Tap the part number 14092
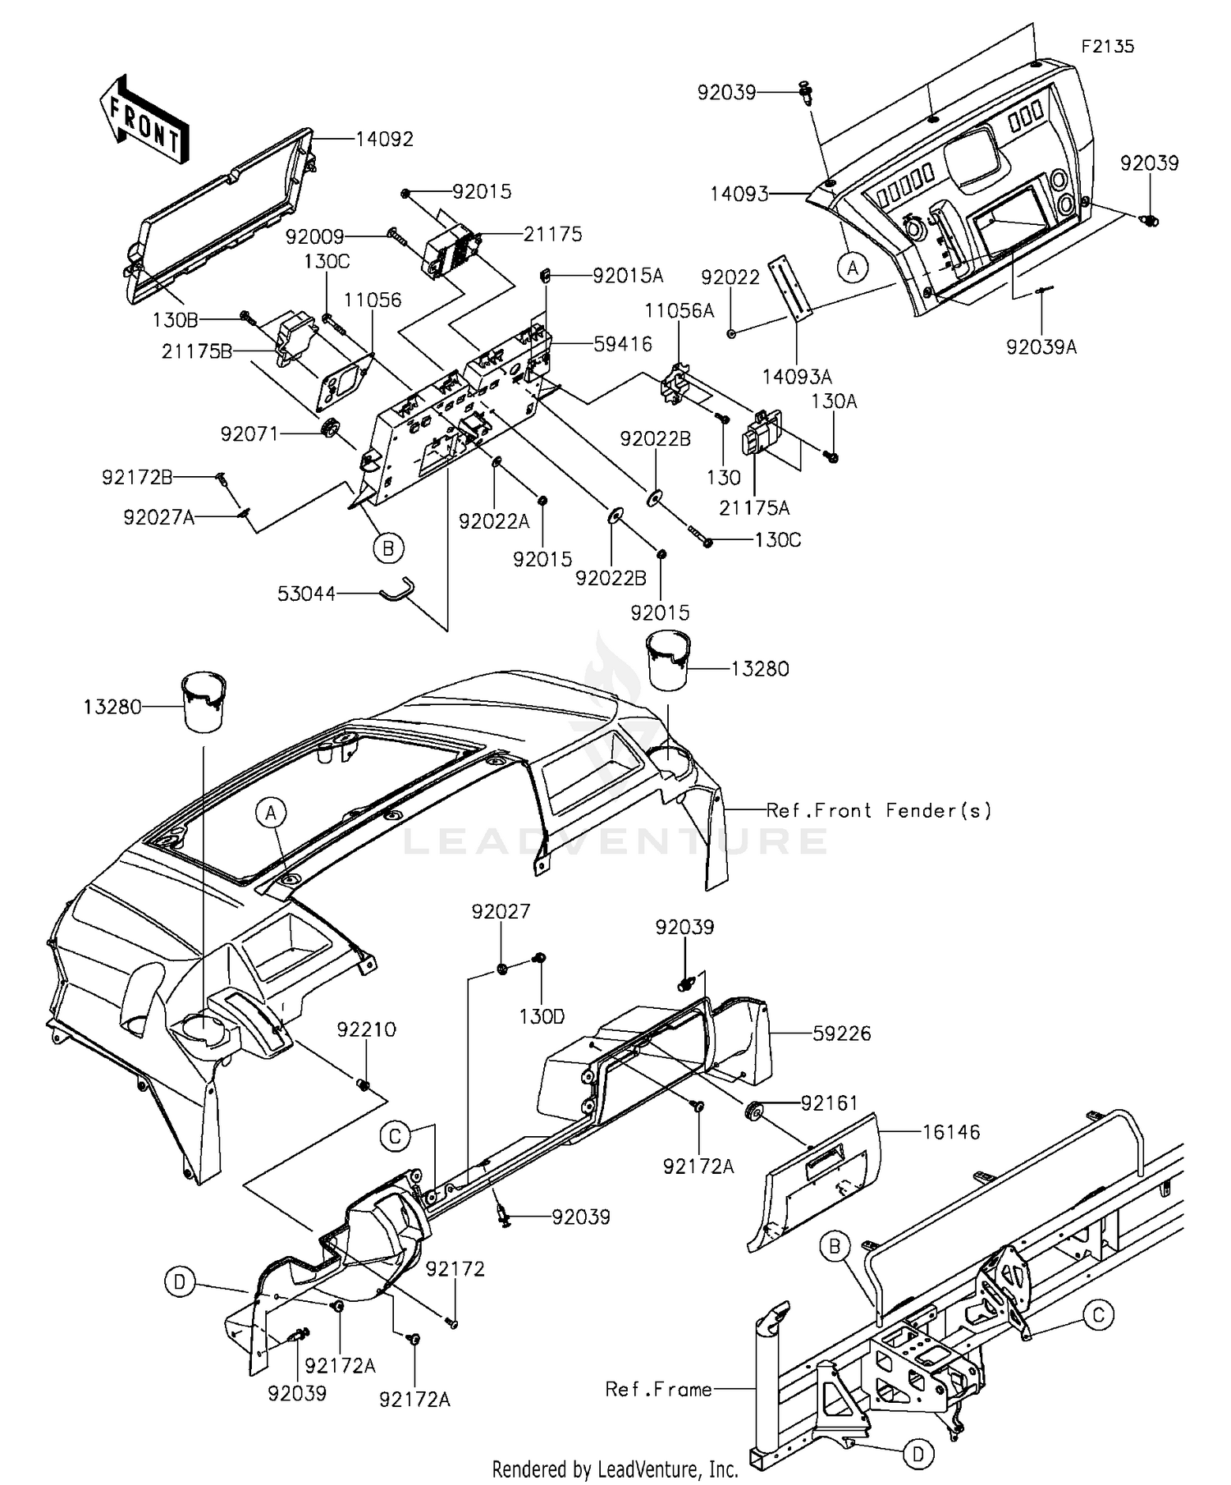(x=384, y=139)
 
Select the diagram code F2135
(x=1107, y=46)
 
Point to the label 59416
(x=623, y=343)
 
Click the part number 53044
(x=306, y=593)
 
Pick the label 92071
(x=249, y=433)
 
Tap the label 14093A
(x=797, y=376)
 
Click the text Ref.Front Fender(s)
(x=879, y=810)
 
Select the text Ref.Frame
(x=658, y=1389)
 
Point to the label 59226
(x=842, y=1033)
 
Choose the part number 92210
(x=366, y=1029)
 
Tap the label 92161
(x=830, y=1103)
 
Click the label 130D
(x=542, y=1016)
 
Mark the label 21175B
(x=197, y=351)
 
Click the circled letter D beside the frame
(x=918, y=1455)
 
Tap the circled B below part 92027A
(x=388, y=548)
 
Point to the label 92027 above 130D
(x=501, y=911)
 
